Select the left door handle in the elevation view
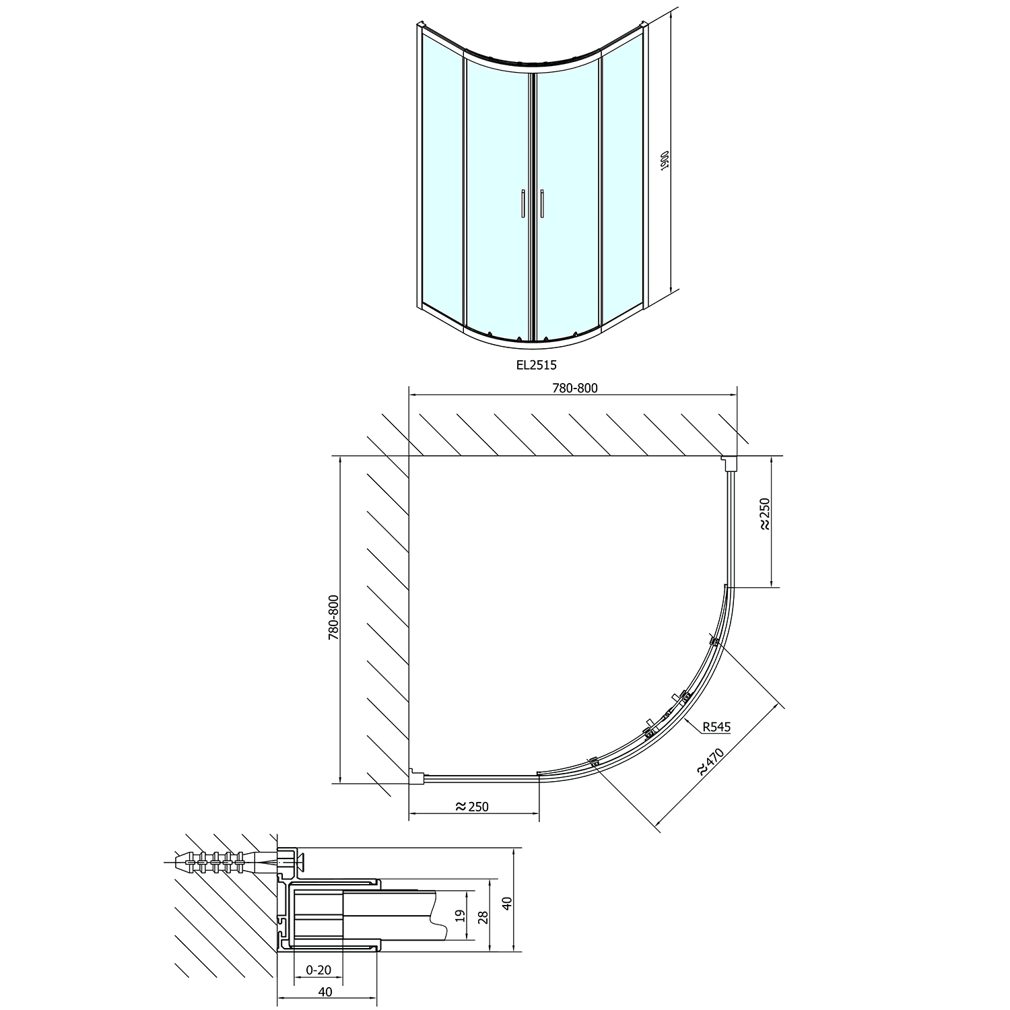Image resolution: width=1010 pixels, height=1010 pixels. tap(523, 203)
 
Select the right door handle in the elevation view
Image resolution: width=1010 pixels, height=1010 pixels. tap(541, 203)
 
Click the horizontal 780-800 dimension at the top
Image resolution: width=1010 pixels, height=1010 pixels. tap(574, 388)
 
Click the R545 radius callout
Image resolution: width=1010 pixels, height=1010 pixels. tap(715, 727)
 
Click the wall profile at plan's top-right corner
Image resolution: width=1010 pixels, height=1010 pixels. tap(729, 463)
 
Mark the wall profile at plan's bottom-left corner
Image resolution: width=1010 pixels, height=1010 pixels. tap(416, 777)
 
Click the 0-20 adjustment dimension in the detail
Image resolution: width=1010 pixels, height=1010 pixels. tap(318, 970)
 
